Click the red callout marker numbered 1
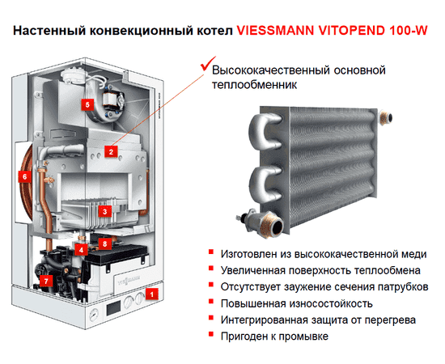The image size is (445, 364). (149, 294)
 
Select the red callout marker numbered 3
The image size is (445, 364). (104, 211)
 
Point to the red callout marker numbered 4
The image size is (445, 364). (82, 250)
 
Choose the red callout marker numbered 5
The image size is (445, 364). (87, 104)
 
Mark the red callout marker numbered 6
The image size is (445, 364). (25, 175)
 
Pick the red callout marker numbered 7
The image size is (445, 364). (46, 281)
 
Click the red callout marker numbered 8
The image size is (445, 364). (104, 242)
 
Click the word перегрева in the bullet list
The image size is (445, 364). (388, 320)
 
